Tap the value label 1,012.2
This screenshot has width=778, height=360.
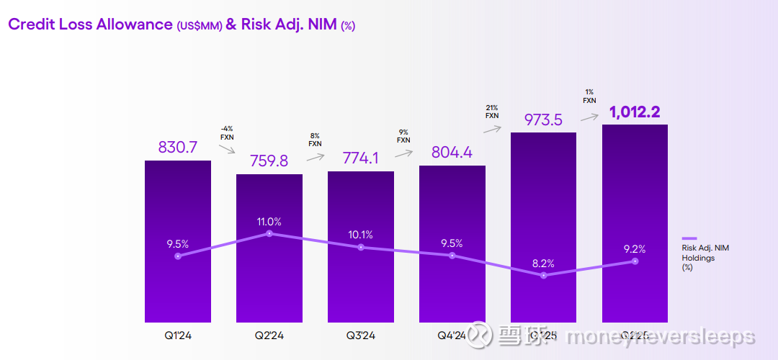pos(635,112)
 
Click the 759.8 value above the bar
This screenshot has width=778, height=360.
pos(269,161)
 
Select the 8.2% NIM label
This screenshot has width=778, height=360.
pos(543,264)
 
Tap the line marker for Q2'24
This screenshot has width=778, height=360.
pos(269,233)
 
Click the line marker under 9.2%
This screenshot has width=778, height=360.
pos(635,261)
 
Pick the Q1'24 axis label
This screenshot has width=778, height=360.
pos(178,335)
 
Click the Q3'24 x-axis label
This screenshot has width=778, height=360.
pos(361,335)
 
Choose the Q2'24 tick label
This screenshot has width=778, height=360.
pos(269,335)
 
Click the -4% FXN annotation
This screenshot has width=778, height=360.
pos(227,132)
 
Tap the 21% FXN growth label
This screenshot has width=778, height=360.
pos(492,111)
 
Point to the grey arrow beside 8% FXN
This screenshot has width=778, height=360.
pos(315,155)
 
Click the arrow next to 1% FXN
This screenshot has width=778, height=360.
pos(591,116)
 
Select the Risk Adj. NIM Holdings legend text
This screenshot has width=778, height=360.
pos(706,257)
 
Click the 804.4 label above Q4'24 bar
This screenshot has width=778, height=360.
pos(452,153)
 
